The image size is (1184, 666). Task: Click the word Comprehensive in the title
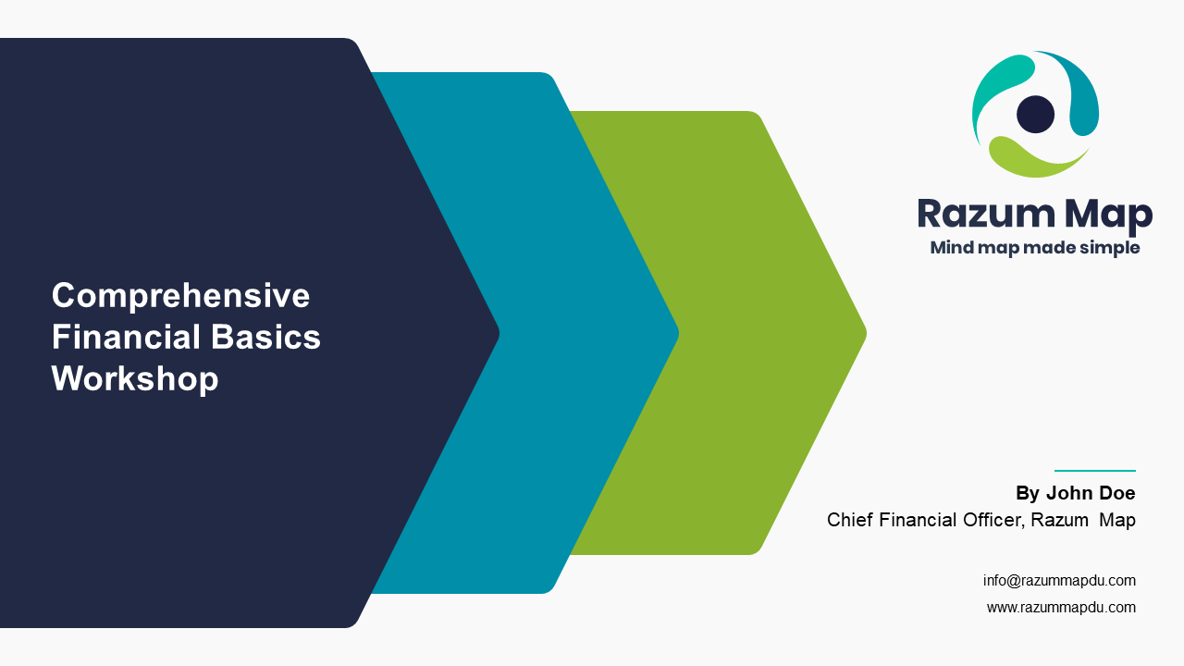[180, 296]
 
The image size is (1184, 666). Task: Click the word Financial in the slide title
[127, 337]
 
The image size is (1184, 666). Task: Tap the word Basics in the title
[265, 337]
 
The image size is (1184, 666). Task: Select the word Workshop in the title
[135, 379]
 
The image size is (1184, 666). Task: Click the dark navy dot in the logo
[1035, 114]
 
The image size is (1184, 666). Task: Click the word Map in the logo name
[1108, 216]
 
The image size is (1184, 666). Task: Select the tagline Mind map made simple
[1035, 248]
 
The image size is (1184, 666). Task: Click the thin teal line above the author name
[1094, 471]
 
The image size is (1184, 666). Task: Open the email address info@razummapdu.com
[1059, 580]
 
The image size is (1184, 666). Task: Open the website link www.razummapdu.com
[1061, 608]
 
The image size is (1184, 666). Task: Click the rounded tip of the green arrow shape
[864, 333]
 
